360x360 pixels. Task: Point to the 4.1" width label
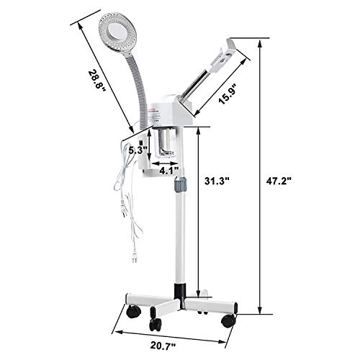[x=168, y=172]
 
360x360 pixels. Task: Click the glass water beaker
[x=167, y=143]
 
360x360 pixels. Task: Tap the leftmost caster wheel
[x=133, y=312]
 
